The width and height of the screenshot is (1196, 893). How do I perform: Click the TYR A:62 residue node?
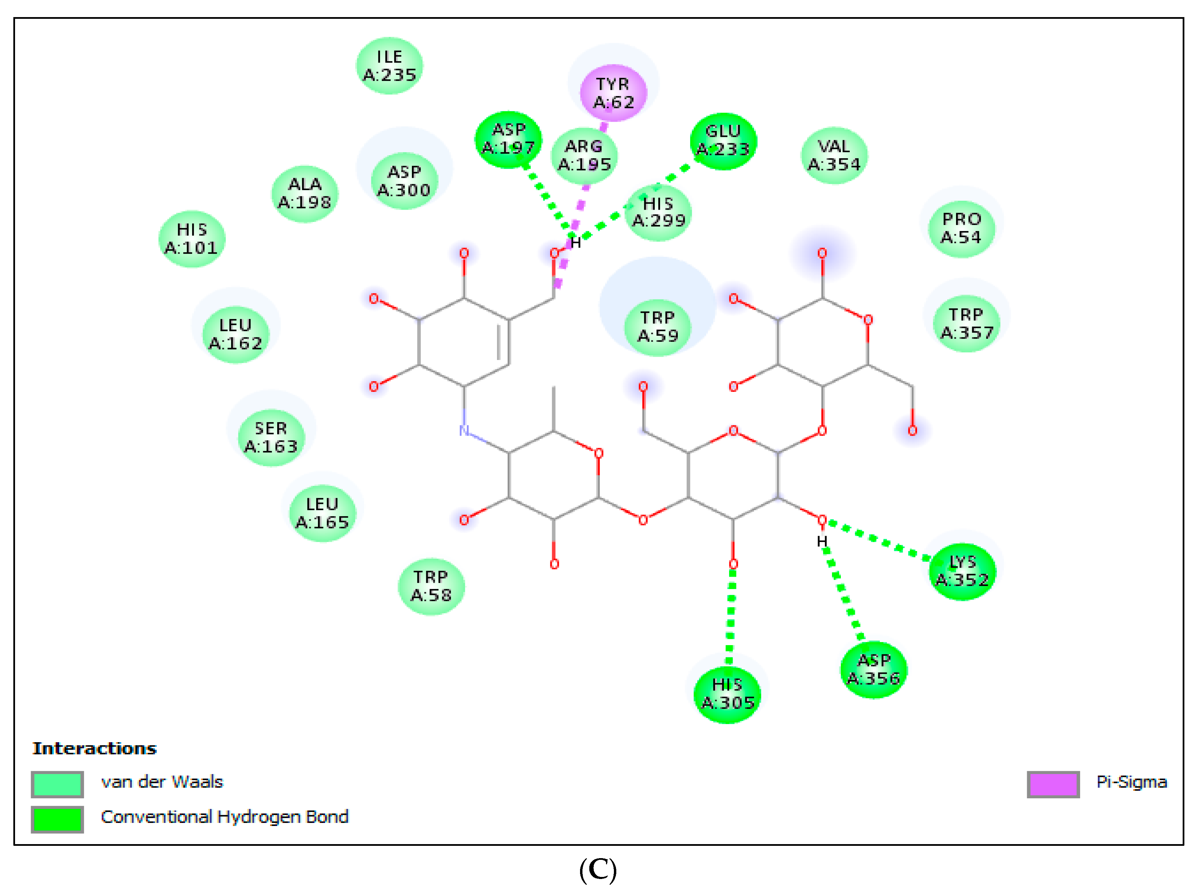(x=613, y=93)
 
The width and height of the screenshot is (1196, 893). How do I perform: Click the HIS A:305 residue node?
(x=727, y=694)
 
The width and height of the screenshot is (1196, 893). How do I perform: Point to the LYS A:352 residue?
(x=962, y=571)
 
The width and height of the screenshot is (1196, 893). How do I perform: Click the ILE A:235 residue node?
(x=389, y=66)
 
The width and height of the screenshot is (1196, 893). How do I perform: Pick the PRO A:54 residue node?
(x=961, y=228)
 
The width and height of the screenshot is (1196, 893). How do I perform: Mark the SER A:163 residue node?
(x=271, y=437)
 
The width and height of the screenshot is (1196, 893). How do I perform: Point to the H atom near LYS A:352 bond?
(x=821, y=541)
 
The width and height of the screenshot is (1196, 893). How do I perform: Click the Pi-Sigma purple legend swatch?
(x=1053, y=784)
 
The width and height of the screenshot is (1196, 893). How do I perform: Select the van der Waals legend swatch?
(x=57, y=784)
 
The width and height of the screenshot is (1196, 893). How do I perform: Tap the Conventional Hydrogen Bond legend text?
(x=224, y=816)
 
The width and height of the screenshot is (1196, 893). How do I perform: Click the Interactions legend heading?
(x=95, y=748)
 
